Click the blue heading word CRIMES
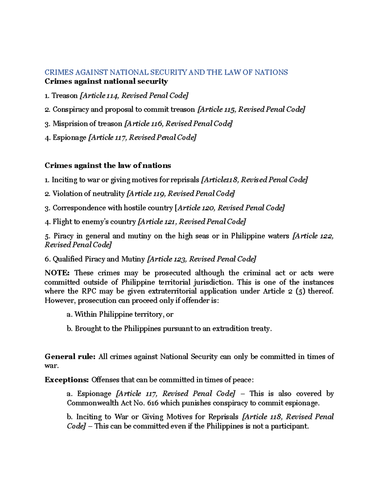59,73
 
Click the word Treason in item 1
65,96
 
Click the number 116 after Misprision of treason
157,124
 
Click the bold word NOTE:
57,273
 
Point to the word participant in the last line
289,426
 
